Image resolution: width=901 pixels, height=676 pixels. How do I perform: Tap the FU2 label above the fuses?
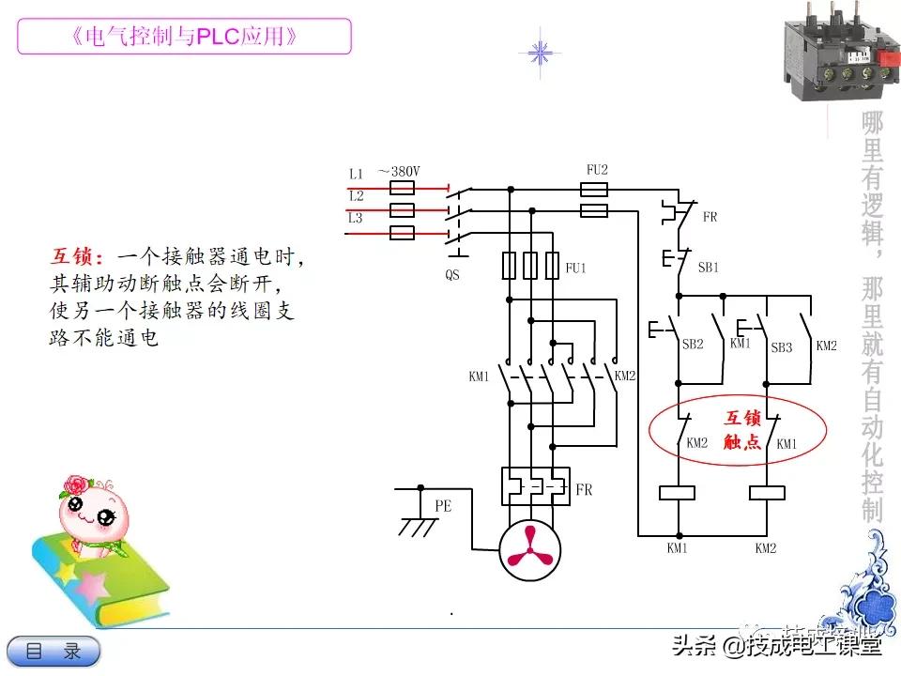597,170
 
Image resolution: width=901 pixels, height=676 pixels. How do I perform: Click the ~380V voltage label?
398,172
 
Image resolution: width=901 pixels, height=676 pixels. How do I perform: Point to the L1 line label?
356,174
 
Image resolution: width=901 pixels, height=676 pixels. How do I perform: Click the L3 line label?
356,218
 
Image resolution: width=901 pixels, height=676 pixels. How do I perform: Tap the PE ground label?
443,505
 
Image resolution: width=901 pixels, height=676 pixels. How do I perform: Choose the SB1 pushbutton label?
708,267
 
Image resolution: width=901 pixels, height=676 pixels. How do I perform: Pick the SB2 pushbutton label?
693,346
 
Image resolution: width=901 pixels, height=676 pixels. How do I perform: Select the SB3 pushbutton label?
781,347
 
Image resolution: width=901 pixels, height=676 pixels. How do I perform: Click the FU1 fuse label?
575,269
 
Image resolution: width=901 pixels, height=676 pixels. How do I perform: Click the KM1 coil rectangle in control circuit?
677,492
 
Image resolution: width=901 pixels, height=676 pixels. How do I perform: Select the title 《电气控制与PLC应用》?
185,37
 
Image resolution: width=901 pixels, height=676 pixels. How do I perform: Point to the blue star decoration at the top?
540,52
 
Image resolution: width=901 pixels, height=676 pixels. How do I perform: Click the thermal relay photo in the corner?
837,51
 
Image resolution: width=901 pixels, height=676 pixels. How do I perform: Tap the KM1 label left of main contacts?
479,376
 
